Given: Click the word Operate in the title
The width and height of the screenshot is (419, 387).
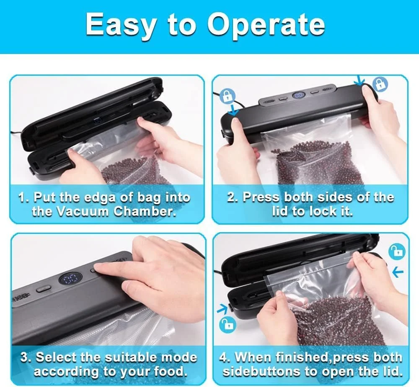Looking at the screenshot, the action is pos(266,25).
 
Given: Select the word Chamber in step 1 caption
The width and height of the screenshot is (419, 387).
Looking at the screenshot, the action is pos(145,212).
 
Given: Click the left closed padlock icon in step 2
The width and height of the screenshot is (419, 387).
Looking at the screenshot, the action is pos(227,96).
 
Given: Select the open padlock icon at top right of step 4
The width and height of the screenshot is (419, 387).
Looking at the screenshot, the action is pos(396,251).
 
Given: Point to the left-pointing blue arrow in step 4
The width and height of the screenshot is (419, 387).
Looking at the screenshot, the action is pos(398,272).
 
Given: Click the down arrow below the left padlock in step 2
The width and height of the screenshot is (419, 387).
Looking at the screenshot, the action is pos(233,110).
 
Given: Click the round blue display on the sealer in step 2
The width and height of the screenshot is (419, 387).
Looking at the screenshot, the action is pos(298,95).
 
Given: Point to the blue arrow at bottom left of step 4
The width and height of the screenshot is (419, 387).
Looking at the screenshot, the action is pos(222,308).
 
